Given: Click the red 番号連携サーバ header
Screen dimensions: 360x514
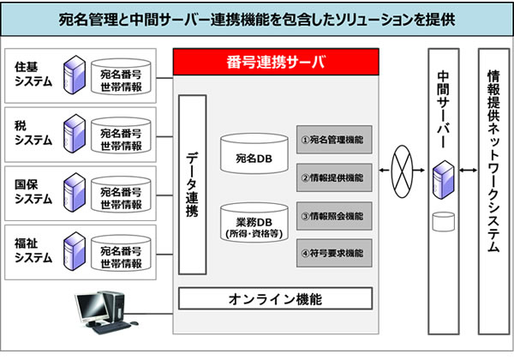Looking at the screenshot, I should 276,63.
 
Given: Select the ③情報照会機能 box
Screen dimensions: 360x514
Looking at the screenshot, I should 334,215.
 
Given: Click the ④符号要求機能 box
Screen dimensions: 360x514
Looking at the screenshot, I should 334,253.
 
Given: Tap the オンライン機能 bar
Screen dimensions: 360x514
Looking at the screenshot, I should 275,298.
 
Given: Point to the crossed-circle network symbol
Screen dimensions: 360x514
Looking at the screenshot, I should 403,165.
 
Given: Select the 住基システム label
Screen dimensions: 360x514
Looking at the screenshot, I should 34,75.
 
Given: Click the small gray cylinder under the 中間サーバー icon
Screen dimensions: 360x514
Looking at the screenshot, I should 443,221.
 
